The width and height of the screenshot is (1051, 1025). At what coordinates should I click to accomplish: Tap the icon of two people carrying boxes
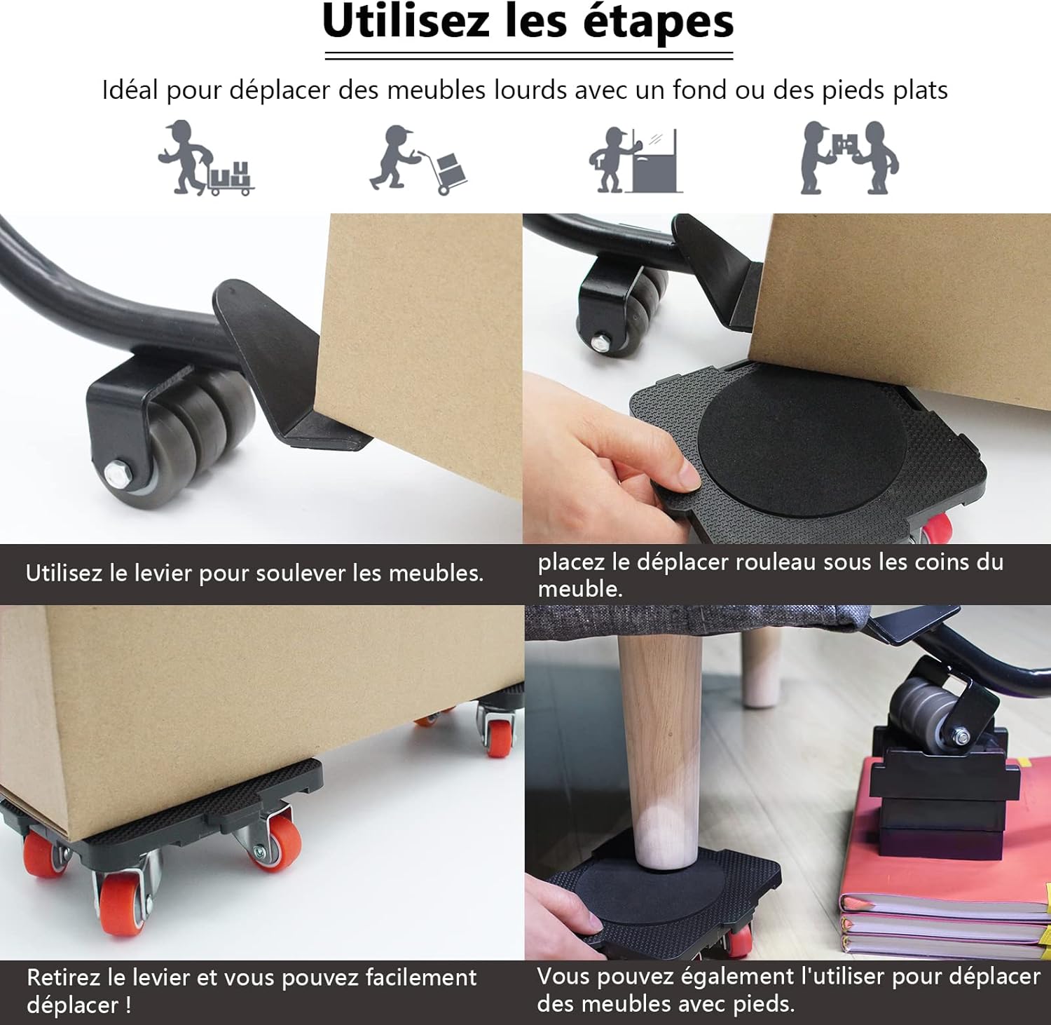coord(849,158)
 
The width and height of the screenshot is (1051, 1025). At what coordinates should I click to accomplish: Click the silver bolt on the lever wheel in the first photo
coord(116,472)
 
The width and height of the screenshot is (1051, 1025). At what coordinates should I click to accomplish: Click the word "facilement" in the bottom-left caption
coord(420,977)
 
